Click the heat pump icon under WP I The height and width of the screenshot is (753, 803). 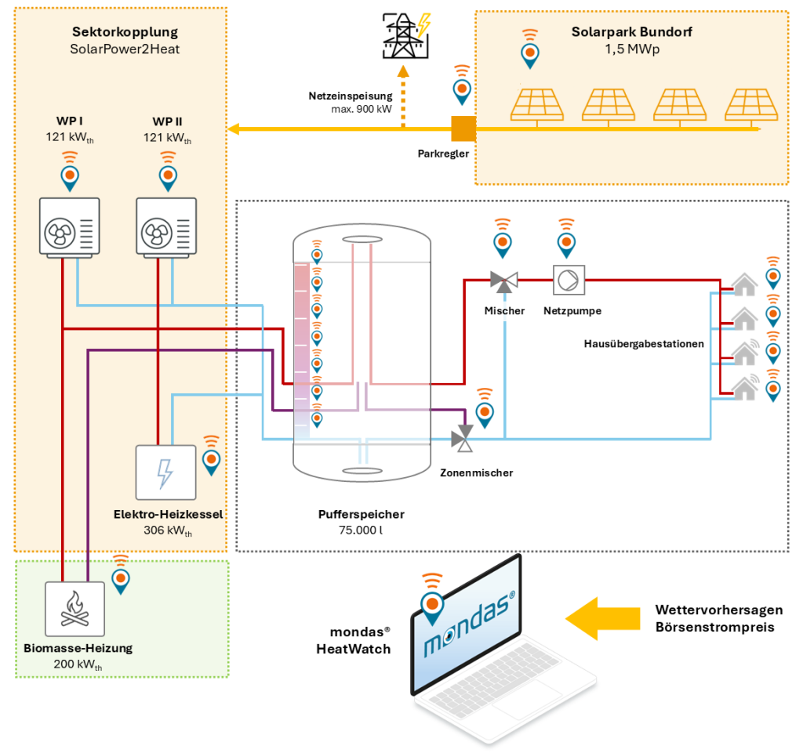click(x=70, y=227)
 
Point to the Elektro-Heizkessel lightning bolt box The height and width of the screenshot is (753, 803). click(x=165, y=472)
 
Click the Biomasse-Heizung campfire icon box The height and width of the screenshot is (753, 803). click(x=74, y=608)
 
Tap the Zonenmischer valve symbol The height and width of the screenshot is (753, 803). click(x=465, y=439)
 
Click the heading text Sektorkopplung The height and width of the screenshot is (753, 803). click(x=125, y=32)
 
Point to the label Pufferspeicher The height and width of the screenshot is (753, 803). click(x=361, y=515)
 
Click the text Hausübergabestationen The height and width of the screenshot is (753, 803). click(x=642, y=343)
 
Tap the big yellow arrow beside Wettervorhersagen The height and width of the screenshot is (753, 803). click(x=601, y=617)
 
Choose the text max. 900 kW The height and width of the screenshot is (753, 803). click(x=362, y=110)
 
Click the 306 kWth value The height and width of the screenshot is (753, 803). click(x=167, y=530)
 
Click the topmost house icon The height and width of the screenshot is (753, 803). click(x=743, y=285)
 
